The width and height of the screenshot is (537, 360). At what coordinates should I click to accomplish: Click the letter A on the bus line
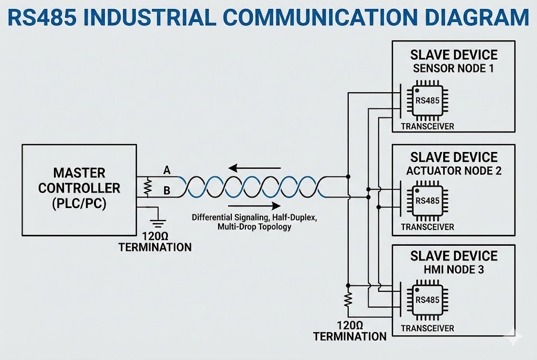point(167,170)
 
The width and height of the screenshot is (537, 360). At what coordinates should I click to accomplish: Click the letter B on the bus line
point(167,190)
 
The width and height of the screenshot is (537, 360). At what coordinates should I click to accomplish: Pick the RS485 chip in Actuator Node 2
point(427,201)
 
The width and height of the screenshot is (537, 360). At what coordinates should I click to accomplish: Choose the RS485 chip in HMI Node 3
point(427,301)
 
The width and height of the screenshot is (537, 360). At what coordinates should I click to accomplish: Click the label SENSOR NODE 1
point(454,68)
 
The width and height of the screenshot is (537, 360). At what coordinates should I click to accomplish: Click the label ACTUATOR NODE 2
point(454,171)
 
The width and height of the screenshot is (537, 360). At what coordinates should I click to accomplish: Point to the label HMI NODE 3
point(454,269)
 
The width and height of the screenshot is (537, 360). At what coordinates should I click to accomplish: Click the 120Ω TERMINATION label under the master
point(155,242)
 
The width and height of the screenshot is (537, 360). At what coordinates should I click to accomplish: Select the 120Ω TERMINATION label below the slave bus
point(350,331)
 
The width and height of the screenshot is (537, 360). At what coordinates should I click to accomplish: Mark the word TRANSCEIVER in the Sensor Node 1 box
point(427,127)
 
